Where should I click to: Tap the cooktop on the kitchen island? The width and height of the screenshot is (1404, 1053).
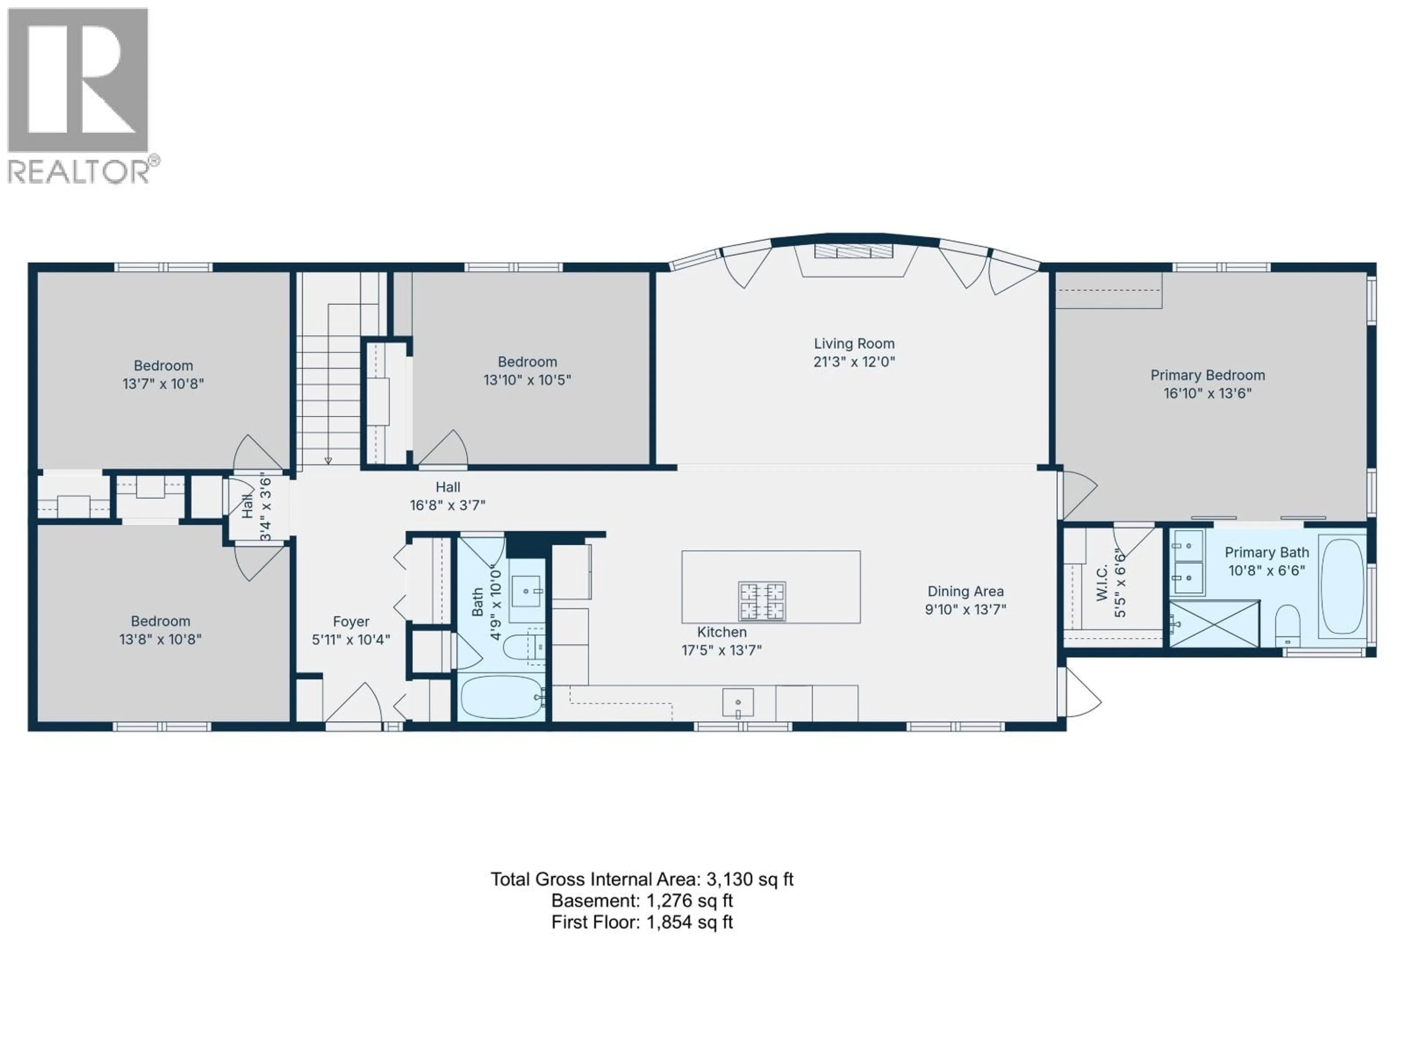pyautogui.click(x=762, y=600)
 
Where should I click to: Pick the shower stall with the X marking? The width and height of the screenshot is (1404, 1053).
pyautogui.click(x=1214, y=624)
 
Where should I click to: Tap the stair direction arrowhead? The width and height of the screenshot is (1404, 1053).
pyautogui.click(x=328, y=460)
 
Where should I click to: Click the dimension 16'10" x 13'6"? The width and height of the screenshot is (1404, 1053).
pyautogui.click(x=1207, y=393)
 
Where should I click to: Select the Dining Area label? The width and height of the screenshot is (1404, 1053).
pyautogui.click(x=965, y=592)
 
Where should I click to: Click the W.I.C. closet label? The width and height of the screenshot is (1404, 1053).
pyautogui.click(x=1102, y=583)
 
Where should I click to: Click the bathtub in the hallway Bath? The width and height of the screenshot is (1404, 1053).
pyautogui.click(x=501, y=697)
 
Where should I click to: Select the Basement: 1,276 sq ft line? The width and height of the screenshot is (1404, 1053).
pyautogui.click(x=642, y=901)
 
